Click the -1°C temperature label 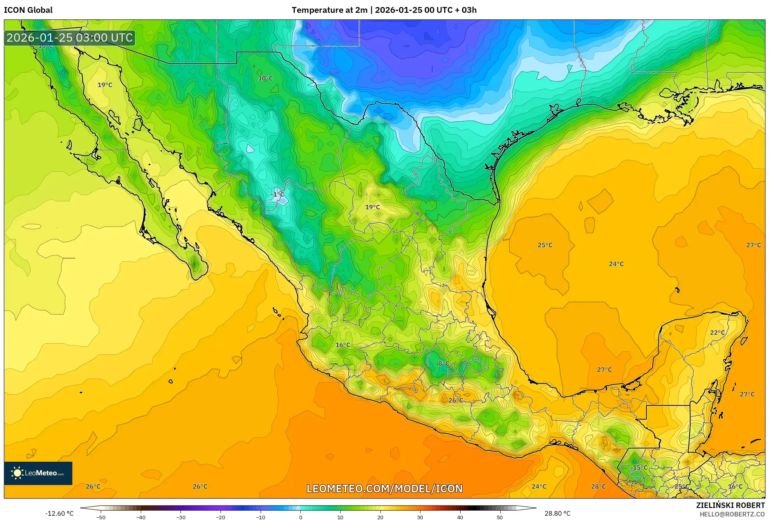coord(277,194)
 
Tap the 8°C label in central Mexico coord(444,364)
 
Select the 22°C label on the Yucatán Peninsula coord(717,333)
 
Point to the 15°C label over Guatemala coord(640,468)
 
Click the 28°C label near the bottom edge coord(598,487)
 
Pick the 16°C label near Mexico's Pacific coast coord(343,345)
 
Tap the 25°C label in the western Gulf coord(545,245)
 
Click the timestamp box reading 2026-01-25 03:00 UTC coord(70,38)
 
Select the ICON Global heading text coord(28,10)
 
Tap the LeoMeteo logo coord(38,473)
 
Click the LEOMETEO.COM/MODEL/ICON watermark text coord(384,489)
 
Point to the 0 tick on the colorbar coord(300,517)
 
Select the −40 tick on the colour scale coord(141,517)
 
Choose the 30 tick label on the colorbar coord(420,517)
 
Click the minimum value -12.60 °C coord(59,513)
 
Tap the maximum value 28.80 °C coord(557,513)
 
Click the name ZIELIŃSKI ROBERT coord(730,505)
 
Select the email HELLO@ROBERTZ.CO coord(732,514)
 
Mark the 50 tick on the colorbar coord(500,517)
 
